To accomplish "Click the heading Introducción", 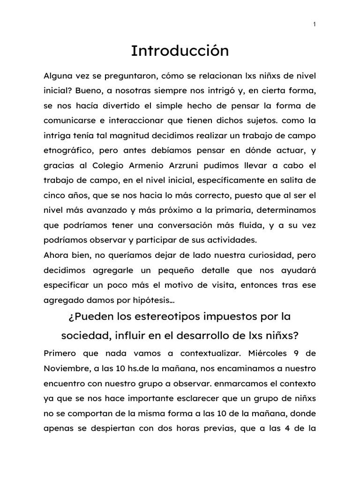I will point(180,51).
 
